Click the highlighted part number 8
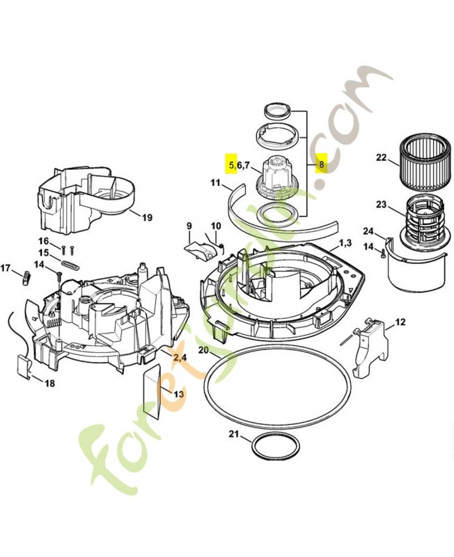click(x=321, y=165)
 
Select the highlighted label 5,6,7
click(x=237, y=165)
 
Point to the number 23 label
click(x=381, y=205)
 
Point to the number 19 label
click(x=147, y=217)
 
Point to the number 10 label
click(x=216, y=226)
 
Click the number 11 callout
click(x=215, y=184)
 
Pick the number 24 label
click(x=368, y=232)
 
